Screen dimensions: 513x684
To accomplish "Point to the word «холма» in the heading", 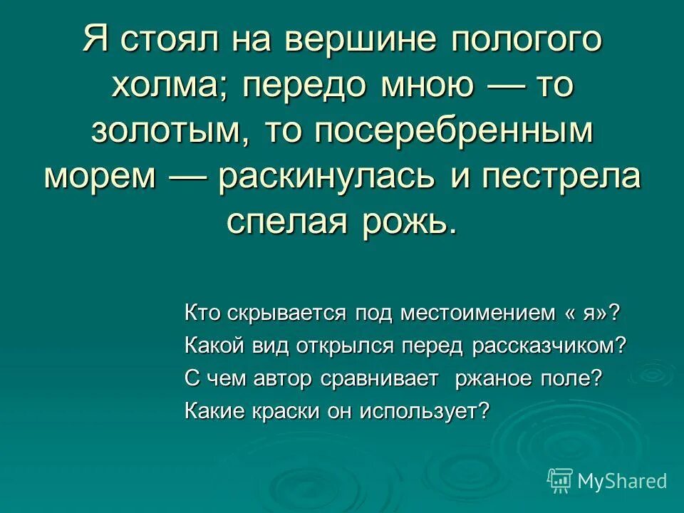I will coord(170,86).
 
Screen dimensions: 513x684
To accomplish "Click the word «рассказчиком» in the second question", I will coord(548,346).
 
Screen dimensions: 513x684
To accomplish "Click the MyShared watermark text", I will coord(621,481).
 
